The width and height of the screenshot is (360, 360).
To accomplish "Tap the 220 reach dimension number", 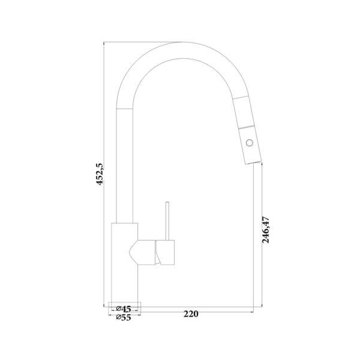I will (191, 314).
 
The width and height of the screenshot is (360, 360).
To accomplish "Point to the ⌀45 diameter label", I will (125, 309).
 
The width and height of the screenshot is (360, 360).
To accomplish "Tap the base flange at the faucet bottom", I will (125, 302).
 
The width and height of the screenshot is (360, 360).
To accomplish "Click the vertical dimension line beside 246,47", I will (259, 240).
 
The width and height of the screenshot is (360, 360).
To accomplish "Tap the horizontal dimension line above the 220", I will (198, 307).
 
